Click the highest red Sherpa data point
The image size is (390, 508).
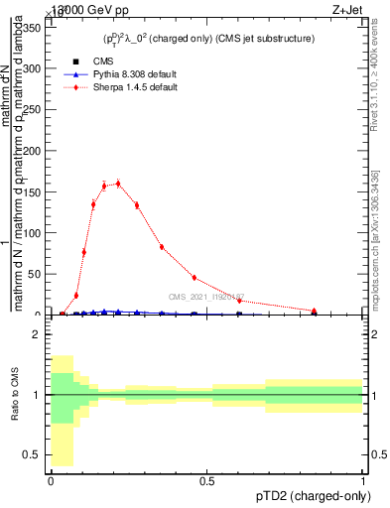[118, 183]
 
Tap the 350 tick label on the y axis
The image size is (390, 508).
[34, 28]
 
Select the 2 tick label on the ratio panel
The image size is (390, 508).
[38, 335]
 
